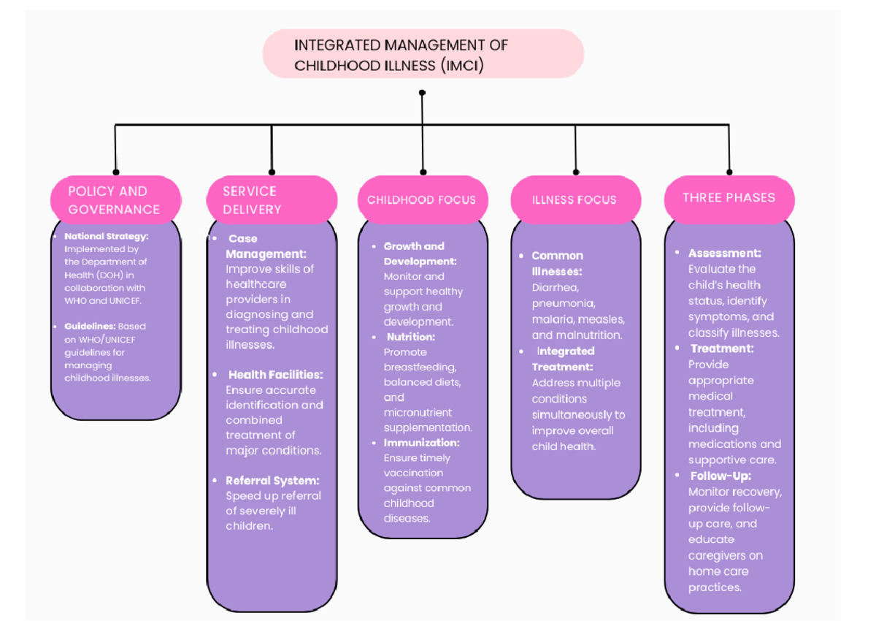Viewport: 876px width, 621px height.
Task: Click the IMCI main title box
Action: pyautogui.click(x=423, y=55)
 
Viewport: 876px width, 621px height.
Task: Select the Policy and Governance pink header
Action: pyautogui.click(x=115, y=199)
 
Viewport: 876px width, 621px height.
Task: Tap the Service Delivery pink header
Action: pyautogui.click(x=271, y=199)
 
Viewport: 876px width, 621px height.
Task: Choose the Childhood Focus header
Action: pyautogui.click(x=421, y=199)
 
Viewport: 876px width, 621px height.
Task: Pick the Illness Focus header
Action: pyautogui.click(x=575, y=199)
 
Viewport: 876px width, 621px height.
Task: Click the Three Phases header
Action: pyautogui.click(x=729, y=197)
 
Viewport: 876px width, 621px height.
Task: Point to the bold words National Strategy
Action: pyautogui.click(x=107, y=236)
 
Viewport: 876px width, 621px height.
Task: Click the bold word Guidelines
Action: pyautogui.click(x=90, y=326)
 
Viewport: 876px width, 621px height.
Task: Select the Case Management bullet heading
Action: pyautogui.click(x=265, y=246)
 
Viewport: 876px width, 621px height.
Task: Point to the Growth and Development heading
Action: pyautogui.click(x=420, y=254)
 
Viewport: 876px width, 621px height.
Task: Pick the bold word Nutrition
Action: pyautogui.click(x=410, y=337)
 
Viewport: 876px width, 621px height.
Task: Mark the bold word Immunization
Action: pyautogui.click(x=421, y=443)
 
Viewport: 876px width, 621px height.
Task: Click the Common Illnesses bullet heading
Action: pyautogui.click(x=557, y=263)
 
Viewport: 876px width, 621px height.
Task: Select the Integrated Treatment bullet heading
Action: pyautogui.click(x=564, y=359)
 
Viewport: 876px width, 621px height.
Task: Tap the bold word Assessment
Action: pyautogui.click(x=724, y=253)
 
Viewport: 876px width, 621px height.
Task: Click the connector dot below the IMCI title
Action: pyautogui.click(x=422, y=93)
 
